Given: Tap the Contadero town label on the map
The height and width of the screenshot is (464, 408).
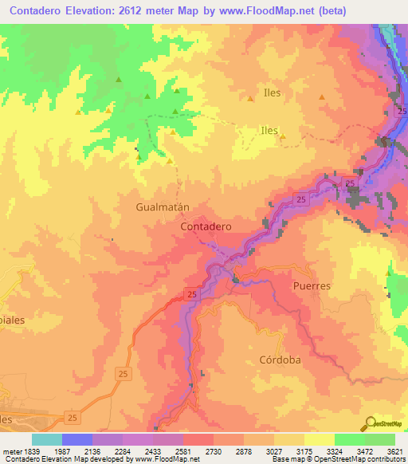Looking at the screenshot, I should click(206, 226).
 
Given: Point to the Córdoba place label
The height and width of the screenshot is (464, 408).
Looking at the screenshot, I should click(280, 360).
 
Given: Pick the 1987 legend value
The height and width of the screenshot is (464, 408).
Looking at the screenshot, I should click(76, 451).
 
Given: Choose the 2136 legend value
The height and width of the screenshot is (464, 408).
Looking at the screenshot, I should click(107, 451).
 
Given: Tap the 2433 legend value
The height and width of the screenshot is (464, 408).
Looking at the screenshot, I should click(167, 451).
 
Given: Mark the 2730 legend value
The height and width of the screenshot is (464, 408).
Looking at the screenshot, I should click(228, 451).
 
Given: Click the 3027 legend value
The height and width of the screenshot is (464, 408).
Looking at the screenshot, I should click(288, 451).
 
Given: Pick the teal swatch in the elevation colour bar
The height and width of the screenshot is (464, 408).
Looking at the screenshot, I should click(47, 439).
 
